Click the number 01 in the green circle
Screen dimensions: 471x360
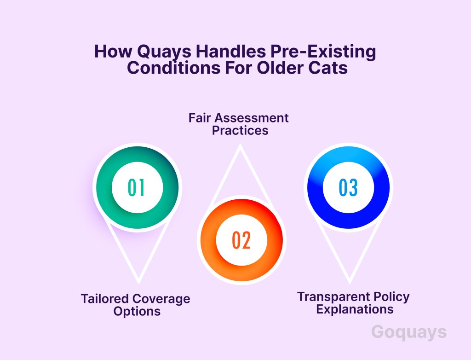[136, 188]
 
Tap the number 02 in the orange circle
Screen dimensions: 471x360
[241, 240]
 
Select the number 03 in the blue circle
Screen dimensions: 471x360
[349, 188]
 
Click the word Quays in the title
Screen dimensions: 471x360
[164, 52]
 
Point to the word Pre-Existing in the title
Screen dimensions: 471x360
[323, 52]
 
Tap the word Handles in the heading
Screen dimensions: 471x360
[231, 51]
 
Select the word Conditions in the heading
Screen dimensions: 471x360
[173, 68]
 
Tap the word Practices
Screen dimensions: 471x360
[240, 131]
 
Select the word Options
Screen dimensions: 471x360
[137, 312]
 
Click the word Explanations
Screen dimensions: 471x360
[355, 309]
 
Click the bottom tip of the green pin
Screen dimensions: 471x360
[138, 284]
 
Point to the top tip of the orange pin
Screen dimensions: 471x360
[240, 145]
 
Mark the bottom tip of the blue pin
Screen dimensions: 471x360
[350, 284]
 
